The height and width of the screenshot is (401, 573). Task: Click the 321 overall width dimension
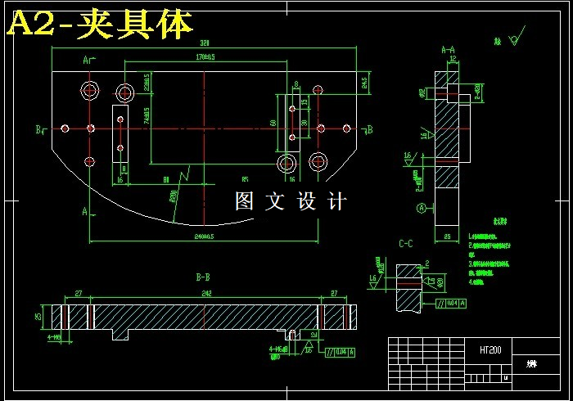(205, 43)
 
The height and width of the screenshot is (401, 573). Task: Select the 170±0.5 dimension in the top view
(205, 57)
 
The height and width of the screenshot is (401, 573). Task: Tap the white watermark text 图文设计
(291, 201)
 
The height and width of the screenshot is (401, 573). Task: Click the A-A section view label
(448, 50)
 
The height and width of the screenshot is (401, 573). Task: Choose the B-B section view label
(204, 278)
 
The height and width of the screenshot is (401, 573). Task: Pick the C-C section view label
(405, 243)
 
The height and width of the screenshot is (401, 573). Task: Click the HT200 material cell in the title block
(491, 349)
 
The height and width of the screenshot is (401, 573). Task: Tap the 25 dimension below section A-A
(447, 237)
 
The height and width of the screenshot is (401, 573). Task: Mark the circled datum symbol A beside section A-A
(422, 208)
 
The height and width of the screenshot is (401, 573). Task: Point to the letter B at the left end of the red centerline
(38, 129)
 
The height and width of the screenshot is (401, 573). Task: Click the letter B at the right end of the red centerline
(370, 129)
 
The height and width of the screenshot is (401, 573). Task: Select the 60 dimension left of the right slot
(273, 123)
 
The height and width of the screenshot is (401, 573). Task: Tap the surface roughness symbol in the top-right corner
(513, 38)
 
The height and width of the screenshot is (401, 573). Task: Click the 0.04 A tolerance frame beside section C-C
(452, 304)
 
